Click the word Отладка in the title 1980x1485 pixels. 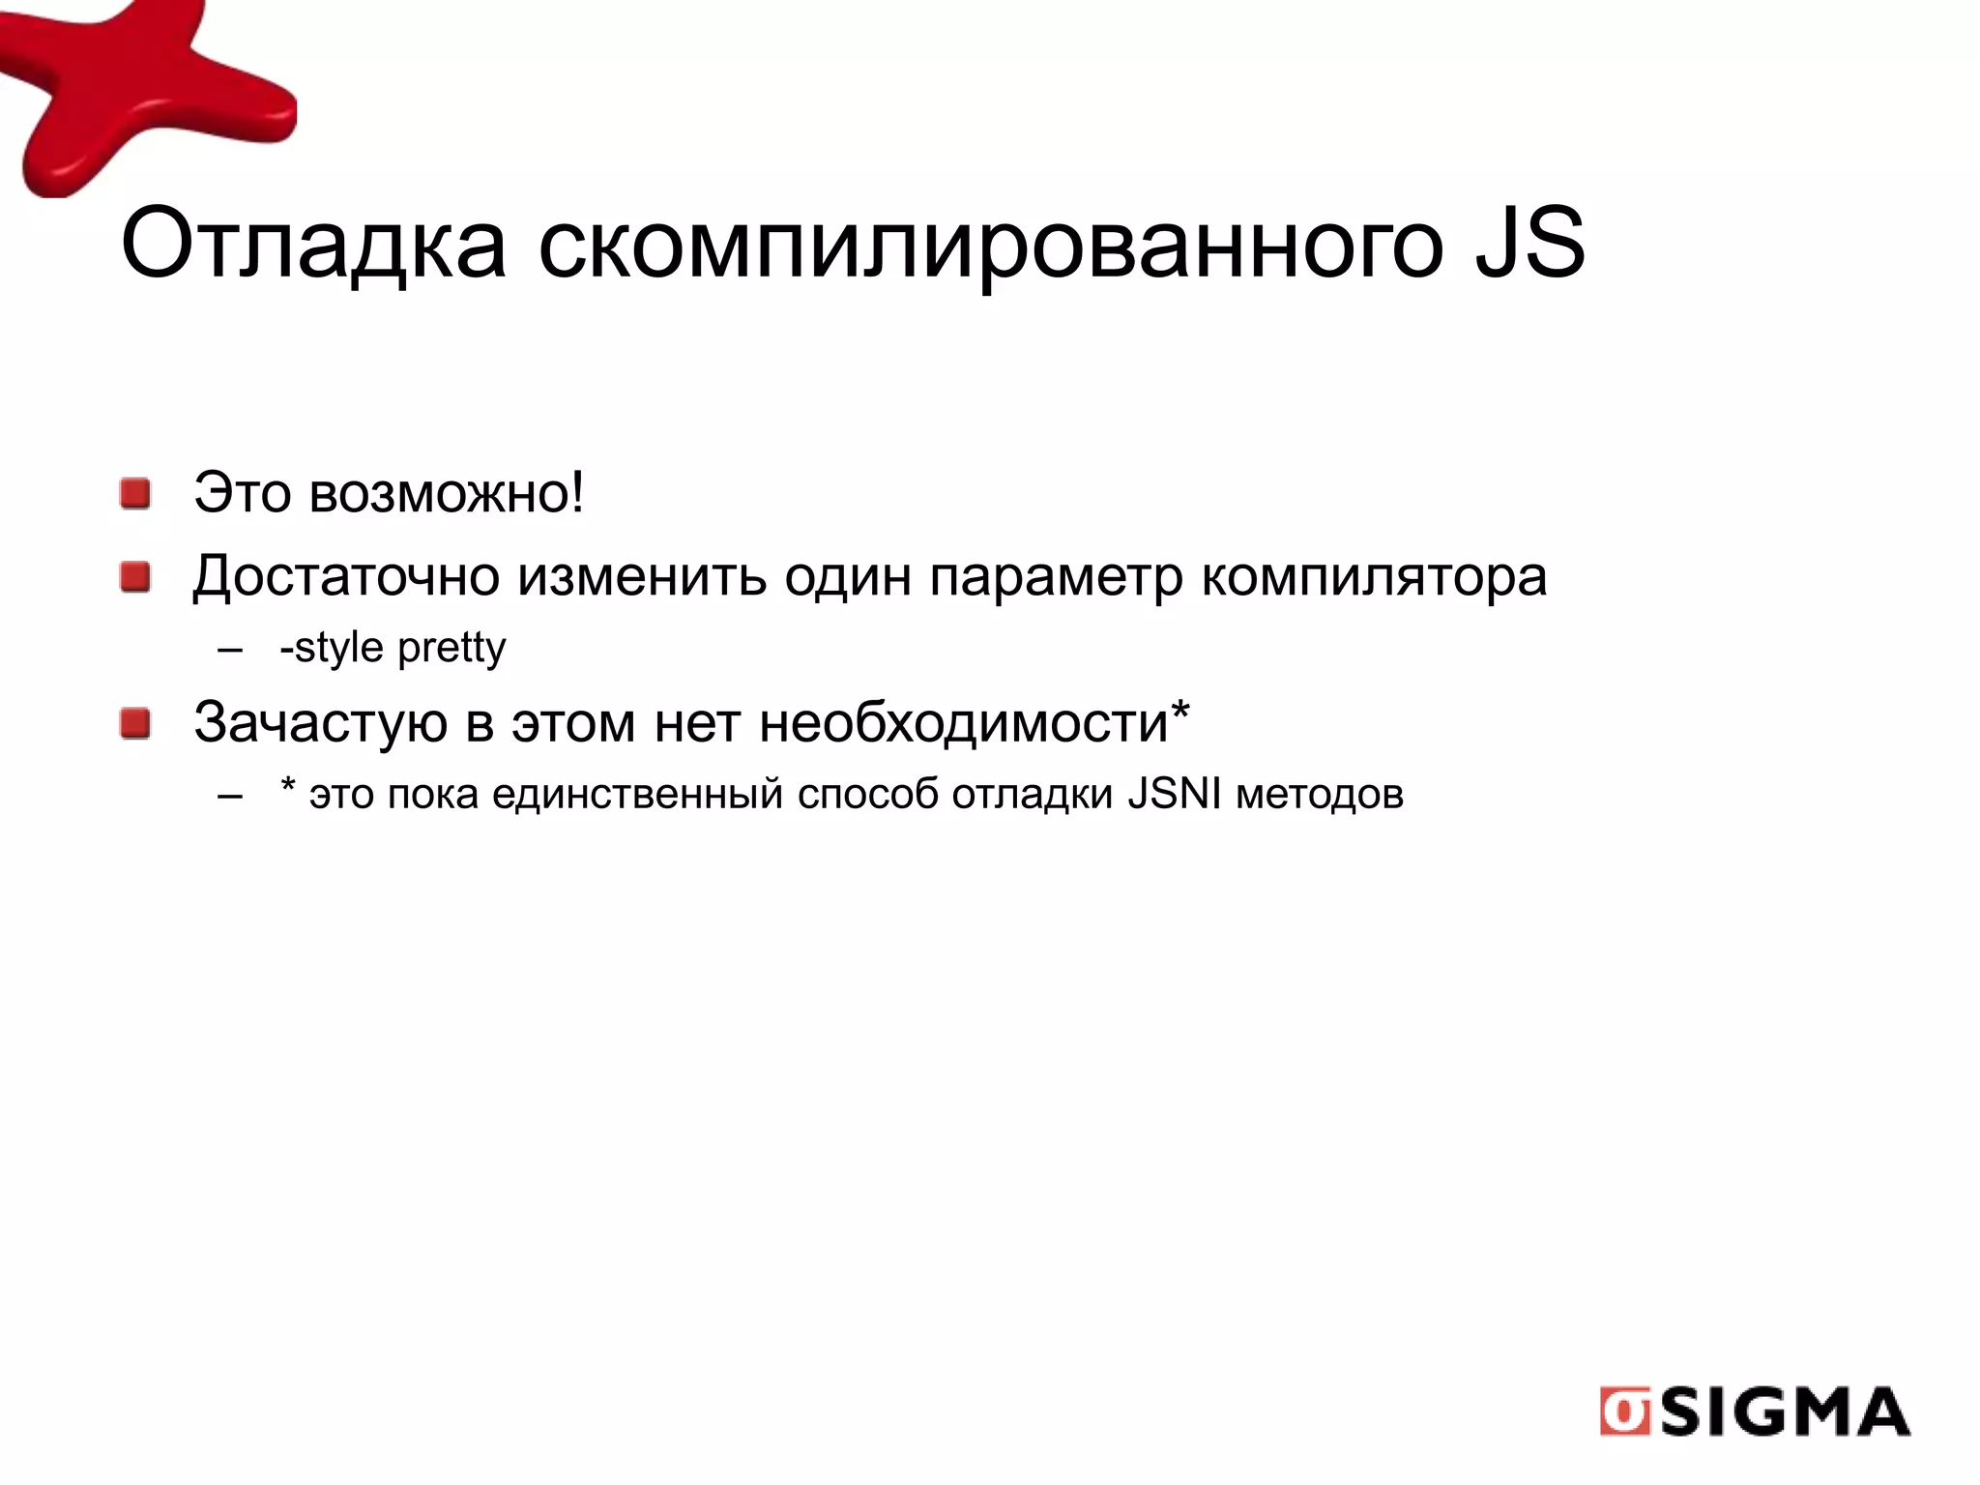(313, 245)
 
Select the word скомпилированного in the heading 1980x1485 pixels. (990, 247)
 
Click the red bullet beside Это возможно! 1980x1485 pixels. (135, 494)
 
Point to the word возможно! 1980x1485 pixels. (447, 493)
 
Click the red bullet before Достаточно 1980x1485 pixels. (135, 578)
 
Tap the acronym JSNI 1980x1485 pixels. (1175, 794)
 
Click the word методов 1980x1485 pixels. (1320, 795)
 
